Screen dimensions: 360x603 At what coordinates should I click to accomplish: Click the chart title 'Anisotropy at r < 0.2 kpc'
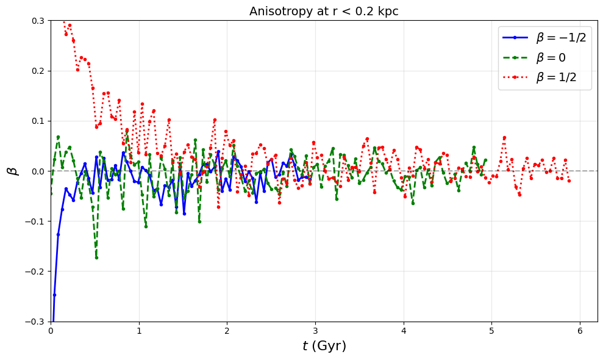pos(324,11)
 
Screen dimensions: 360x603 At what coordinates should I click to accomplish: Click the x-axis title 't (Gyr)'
pos(324,346)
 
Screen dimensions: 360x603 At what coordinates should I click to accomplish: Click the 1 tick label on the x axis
pos(139,331)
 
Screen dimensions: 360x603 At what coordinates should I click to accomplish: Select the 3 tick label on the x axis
pos(315,331)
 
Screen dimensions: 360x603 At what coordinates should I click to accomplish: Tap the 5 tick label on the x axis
pos(491,331)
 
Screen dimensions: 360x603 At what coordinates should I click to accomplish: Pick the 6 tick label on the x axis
pos(580,331)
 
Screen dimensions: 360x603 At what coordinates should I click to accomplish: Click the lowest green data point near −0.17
pos(96,257)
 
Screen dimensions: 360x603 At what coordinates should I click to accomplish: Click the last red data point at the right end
pos(569,181)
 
